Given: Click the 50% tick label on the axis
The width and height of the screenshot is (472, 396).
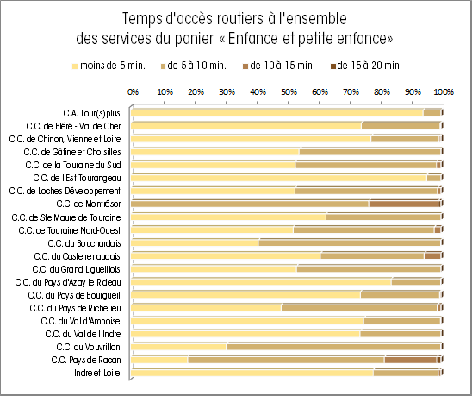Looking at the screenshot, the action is (289, 91).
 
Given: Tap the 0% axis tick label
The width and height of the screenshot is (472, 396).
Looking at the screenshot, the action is (133, 91).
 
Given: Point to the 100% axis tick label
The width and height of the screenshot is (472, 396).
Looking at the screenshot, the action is (444, 91).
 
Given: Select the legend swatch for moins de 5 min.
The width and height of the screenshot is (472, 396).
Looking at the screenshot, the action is (75, 66).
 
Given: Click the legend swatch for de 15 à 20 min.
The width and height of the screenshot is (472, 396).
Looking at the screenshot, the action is (333, 66).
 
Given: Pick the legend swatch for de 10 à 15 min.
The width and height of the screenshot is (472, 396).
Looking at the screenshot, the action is (245, 66).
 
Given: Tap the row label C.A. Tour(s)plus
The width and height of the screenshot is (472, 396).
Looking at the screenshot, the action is (92, 113).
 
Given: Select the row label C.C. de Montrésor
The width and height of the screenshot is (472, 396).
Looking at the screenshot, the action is (89, 204).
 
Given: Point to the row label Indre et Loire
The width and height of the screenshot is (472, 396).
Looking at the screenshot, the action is (97, 373).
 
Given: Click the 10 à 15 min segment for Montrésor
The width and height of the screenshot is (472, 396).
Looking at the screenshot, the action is (404, 204).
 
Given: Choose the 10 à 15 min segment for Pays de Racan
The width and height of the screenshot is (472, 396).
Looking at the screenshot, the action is (411, 360).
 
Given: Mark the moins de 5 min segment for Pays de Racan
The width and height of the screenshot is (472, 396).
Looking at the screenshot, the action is (159, 360).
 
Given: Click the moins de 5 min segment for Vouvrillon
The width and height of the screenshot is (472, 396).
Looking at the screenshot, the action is (179, 347).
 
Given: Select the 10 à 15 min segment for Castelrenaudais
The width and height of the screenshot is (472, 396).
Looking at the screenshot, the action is (432, 256).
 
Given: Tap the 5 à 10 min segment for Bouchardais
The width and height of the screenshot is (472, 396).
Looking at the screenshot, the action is (350, 243).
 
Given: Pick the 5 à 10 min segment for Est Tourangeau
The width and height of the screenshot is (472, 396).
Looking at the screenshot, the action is (434, 179).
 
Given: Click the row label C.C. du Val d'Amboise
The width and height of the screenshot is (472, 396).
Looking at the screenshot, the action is (81, 321).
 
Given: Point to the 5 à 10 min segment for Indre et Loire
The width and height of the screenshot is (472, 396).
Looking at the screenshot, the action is (406, 373).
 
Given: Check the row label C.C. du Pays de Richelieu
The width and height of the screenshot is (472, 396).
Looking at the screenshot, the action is (75, 308).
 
